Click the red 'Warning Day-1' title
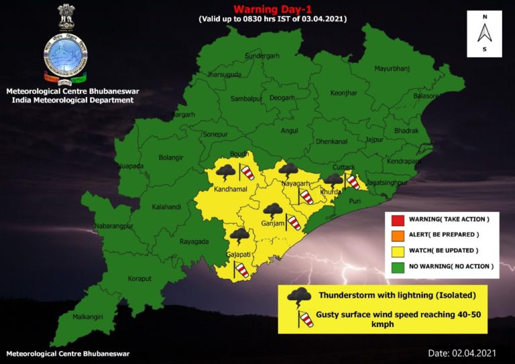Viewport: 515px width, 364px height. click(271, 9)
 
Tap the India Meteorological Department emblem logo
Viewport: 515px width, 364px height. click(65, 46)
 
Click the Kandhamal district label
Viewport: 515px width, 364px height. click(230, 190)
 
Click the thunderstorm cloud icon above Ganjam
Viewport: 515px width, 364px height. click(272, 210)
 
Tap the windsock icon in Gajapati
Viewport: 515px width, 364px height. click(241, 269)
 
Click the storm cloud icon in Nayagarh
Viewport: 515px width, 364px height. click(289, 170)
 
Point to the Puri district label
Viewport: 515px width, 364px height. click(355, 199)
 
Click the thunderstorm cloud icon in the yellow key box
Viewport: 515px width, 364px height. click(299, 296)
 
